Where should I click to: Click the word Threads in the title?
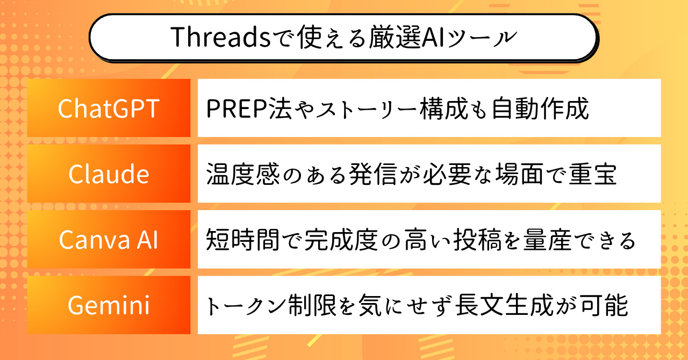click(220, 37)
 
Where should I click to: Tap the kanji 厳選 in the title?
click(394, 37)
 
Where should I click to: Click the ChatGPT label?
click(109, 109)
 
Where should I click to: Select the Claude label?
click(109, 174)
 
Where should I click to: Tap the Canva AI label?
click(109, 240)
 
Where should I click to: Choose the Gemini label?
click(109, 305)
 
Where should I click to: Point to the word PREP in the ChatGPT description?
click(237, 109)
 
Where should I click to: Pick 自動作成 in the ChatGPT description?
click(540, 109)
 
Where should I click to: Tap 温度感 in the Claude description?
click(243, 174)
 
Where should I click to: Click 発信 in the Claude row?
click(373, 174)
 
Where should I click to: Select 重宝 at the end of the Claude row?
click(592, 174)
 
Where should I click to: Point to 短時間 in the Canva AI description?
click(243, 240)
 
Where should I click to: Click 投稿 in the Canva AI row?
click(477, 240)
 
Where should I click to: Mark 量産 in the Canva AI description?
click(548, 240)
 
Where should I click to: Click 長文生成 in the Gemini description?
click(504, 305)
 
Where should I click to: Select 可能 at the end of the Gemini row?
click(604, 305)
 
